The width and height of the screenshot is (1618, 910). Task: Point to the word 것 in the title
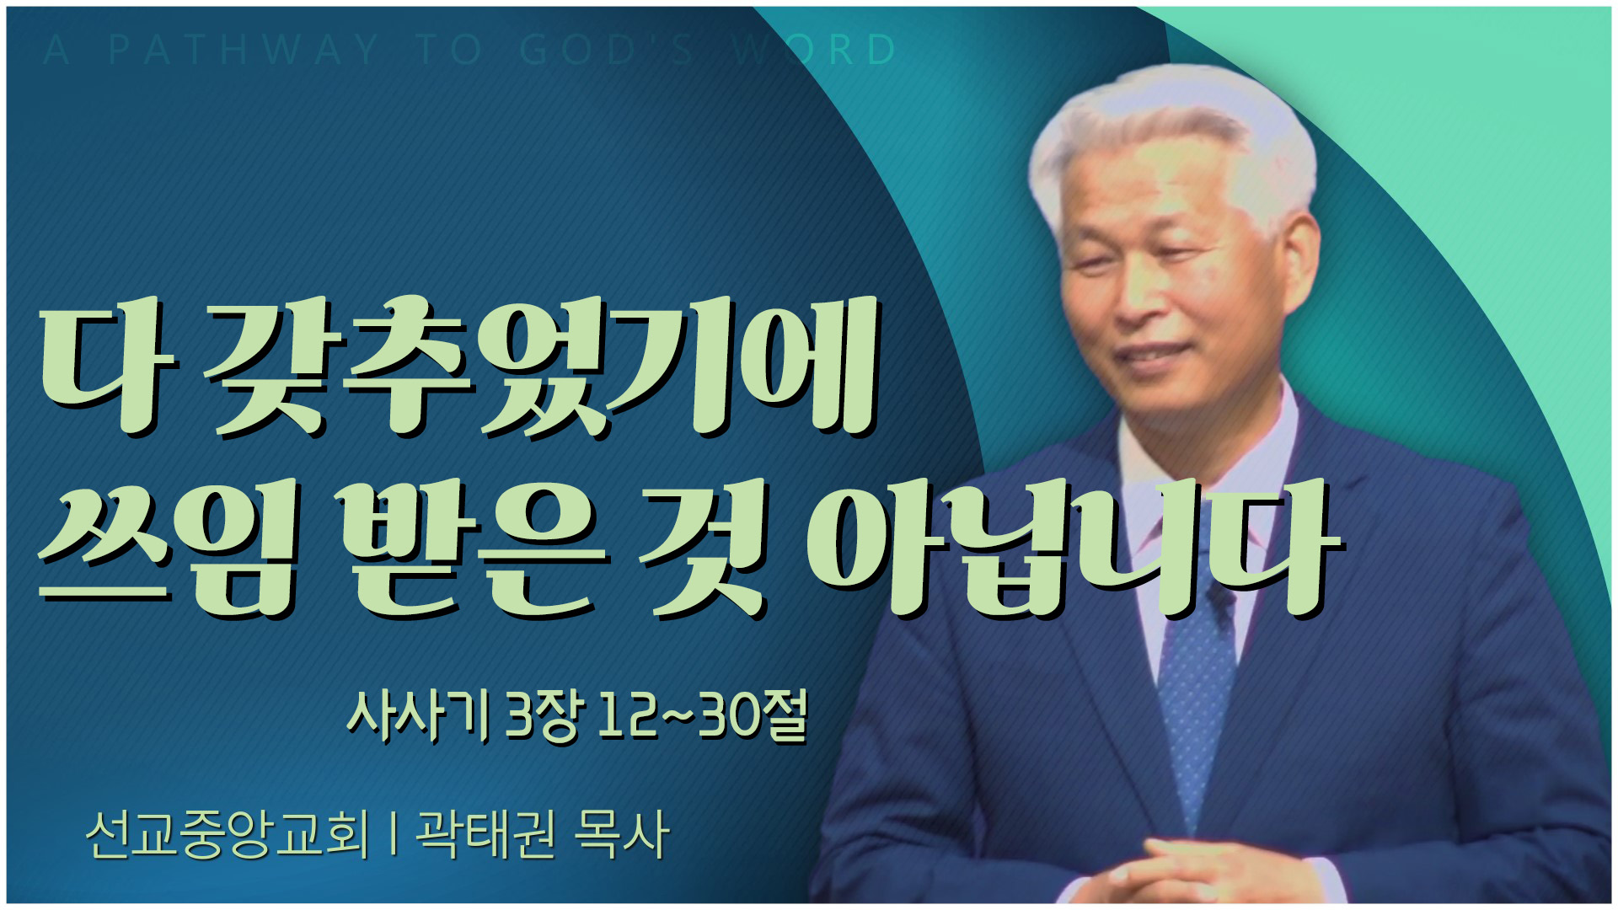coord(704,552)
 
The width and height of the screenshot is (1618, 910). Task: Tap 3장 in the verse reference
coord(543,717)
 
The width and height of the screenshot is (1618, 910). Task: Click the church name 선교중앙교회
coord(228,835)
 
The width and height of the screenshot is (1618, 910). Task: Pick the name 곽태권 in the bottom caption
coord(485,835)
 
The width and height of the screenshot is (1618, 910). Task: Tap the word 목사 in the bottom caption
coord(620,835)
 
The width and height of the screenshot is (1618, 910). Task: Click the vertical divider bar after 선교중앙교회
coord(393,835)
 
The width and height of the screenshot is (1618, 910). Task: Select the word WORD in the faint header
coord(813,51)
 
